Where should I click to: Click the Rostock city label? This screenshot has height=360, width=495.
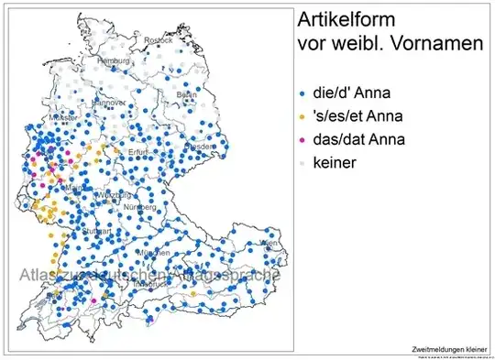[157, 39]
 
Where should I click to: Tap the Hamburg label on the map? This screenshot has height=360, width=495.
[115, 60]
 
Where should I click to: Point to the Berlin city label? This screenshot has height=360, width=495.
[186, 94]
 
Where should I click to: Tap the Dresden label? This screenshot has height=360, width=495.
[201, 147]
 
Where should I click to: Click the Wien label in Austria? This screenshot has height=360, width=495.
[268, 243]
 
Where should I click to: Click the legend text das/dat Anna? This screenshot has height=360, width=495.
[358, 140]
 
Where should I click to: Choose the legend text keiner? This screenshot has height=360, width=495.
[334, 163]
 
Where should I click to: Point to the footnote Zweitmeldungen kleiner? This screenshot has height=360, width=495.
[449, 349]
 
